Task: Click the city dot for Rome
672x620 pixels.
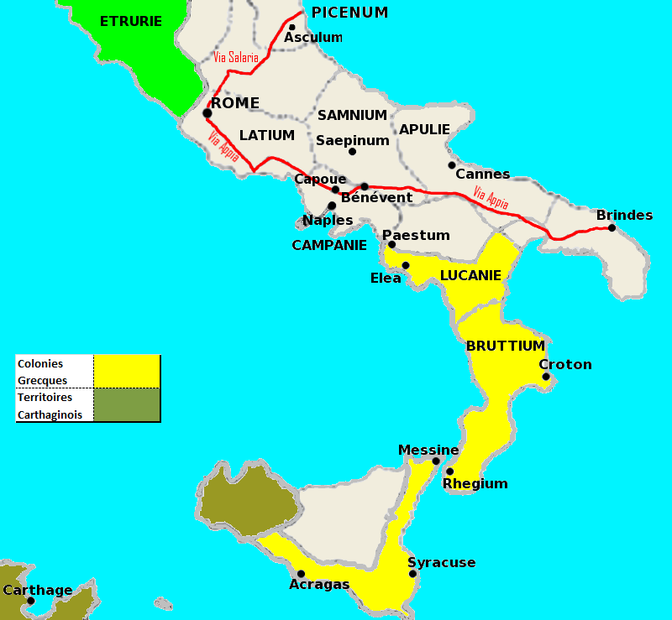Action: (x=207, y=113)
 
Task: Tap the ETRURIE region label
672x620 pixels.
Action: (x=130, y=21)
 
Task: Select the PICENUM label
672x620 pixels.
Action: (x=349, y=13)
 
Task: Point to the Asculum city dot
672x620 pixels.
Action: (x=292, y=27)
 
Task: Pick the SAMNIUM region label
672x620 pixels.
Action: (x=352, y=115)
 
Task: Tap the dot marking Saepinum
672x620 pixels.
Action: (x=352, y=152)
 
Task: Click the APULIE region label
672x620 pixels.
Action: (x=424, y=129)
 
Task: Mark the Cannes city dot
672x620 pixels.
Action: (x=452, y=164)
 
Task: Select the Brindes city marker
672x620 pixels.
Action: (x=612, y=227)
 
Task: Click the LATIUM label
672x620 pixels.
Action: (x=267, y=135)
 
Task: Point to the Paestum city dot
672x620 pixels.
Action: (x=391, y=244)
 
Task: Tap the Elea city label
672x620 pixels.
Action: (x=386, y=278)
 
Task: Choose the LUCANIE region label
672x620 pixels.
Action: (x=470, y=275)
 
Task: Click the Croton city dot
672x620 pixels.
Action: (x=546, y=377)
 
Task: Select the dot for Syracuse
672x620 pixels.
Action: (x=412, y=574)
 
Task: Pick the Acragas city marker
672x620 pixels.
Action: (x=301, y=574)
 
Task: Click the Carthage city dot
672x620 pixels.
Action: (x=30, y=601)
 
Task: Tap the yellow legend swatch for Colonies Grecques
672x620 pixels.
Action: (x=126, y=372)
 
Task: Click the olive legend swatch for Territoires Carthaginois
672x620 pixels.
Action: (x=126, y=404)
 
